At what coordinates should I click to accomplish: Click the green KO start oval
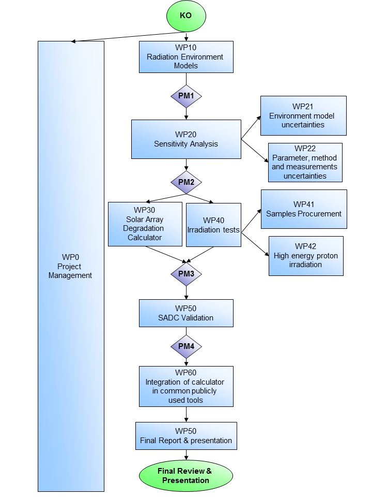coord(185,16)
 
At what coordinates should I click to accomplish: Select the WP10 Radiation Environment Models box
coord(186,56)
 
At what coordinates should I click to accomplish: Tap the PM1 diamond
coord(186,96)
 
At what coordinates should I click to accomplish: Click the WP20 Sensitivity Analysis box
coord(186,139)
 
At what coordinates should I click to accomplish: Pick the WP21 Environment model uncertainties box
coord(303,115)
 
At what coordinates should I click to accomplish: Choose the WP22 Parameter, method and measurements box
coord(305,163)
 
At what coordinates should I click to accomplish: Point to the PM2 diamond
coord(186,182)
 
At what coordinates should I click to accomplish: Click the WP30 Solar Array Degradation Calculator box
coord(145,224)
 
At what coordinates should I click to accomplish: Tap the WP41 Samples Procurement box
coord(303,209)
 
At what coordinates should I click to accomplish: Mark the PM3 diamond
coord(186,273)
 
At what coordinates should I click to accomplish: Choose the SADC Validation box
coord(186,313)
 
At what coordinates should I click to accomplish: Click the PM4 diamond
coord(186,346)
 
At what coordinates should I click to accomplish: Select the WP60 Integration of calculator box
coord(186,386)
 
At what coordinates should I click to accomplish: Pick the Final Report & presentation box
coord(186,436)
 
